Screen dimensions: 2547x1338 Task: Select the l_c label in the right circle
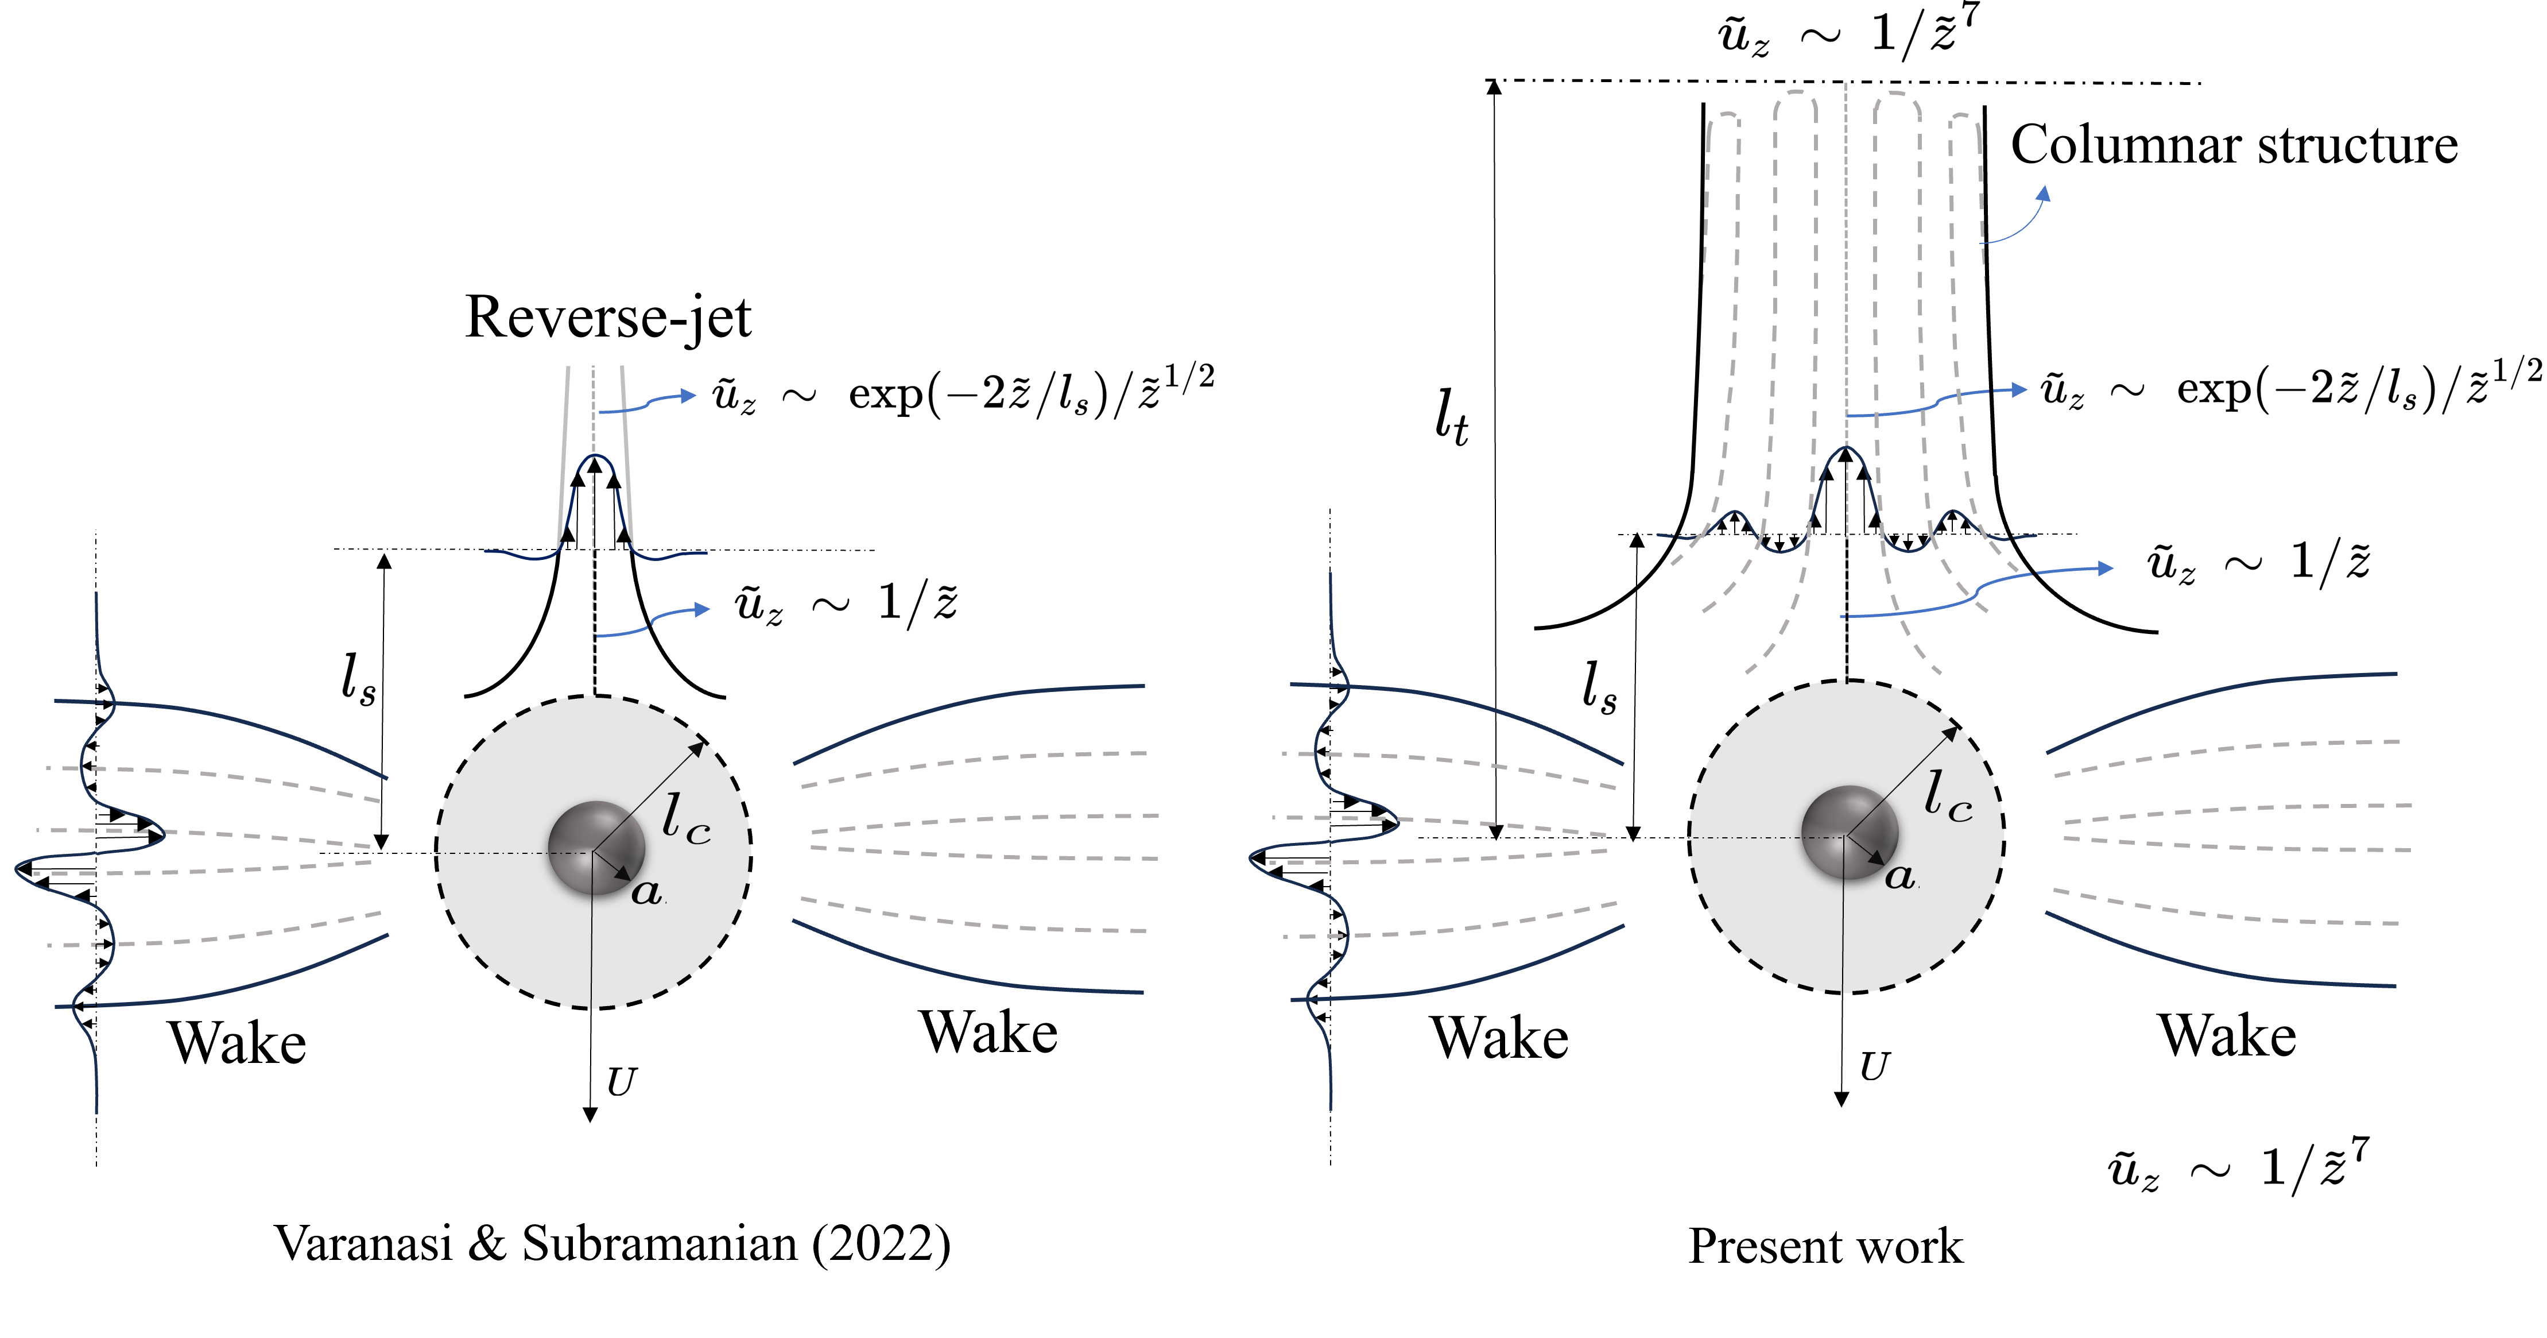coord(1947,796)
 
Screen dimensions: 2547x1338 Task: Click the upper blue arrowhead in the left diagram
coord(689,396)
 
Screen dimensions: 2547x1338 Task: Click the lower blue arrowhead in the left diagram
coord(703,609)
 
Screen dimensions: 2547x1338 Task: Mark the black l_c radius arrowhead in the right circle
coord(1950,733)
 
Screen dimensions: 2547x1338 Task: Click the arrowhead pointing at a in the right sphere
coord(1877,859)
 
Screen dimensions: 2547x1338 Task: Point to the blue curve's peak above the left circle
coord(593,458)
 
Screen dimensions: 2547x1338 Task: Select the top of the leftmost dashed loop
coord(1722,115)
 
